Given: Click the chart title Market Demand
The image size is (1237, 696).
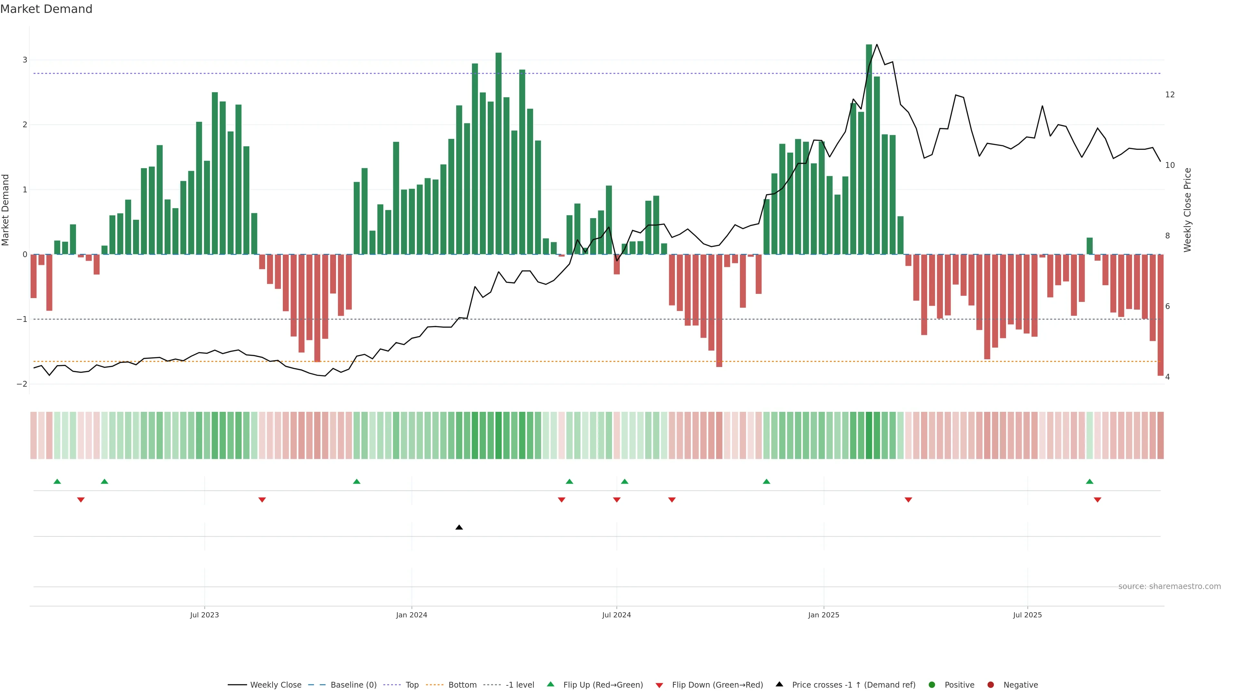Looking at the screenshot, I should coord(46,9).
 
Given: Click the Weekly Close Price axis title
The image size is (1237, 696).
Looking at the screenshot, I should coord(1187,210).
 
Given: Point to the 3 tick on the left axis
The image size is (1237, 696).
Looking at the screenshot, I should coord(24,60).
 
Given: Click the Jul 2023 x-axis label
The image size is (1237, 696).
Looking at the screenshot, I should coord(204,615).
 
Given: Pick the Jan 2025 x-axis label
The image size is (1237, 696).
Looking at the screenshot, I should coord(824,615).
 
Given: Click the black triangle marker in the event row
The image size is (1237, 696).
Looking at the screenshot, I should coord(459,527).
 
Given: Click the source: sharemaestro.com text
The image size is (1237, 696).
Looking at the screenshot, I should coord(1169,586).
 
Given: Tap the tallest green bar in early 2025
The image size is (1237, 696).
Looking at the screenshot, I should coord(869,149).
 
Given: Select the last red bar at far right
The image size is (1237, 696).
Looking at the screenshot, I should coord(1160,314).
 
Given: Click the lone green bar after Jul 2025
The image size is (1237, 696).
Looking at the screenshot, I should coord(1089,246).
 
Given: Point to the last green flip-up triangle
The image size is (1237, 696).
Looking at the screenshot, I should coord(1089,481).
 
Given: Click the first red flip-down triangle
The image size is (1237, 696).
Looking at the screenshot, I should coord(81,500).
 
